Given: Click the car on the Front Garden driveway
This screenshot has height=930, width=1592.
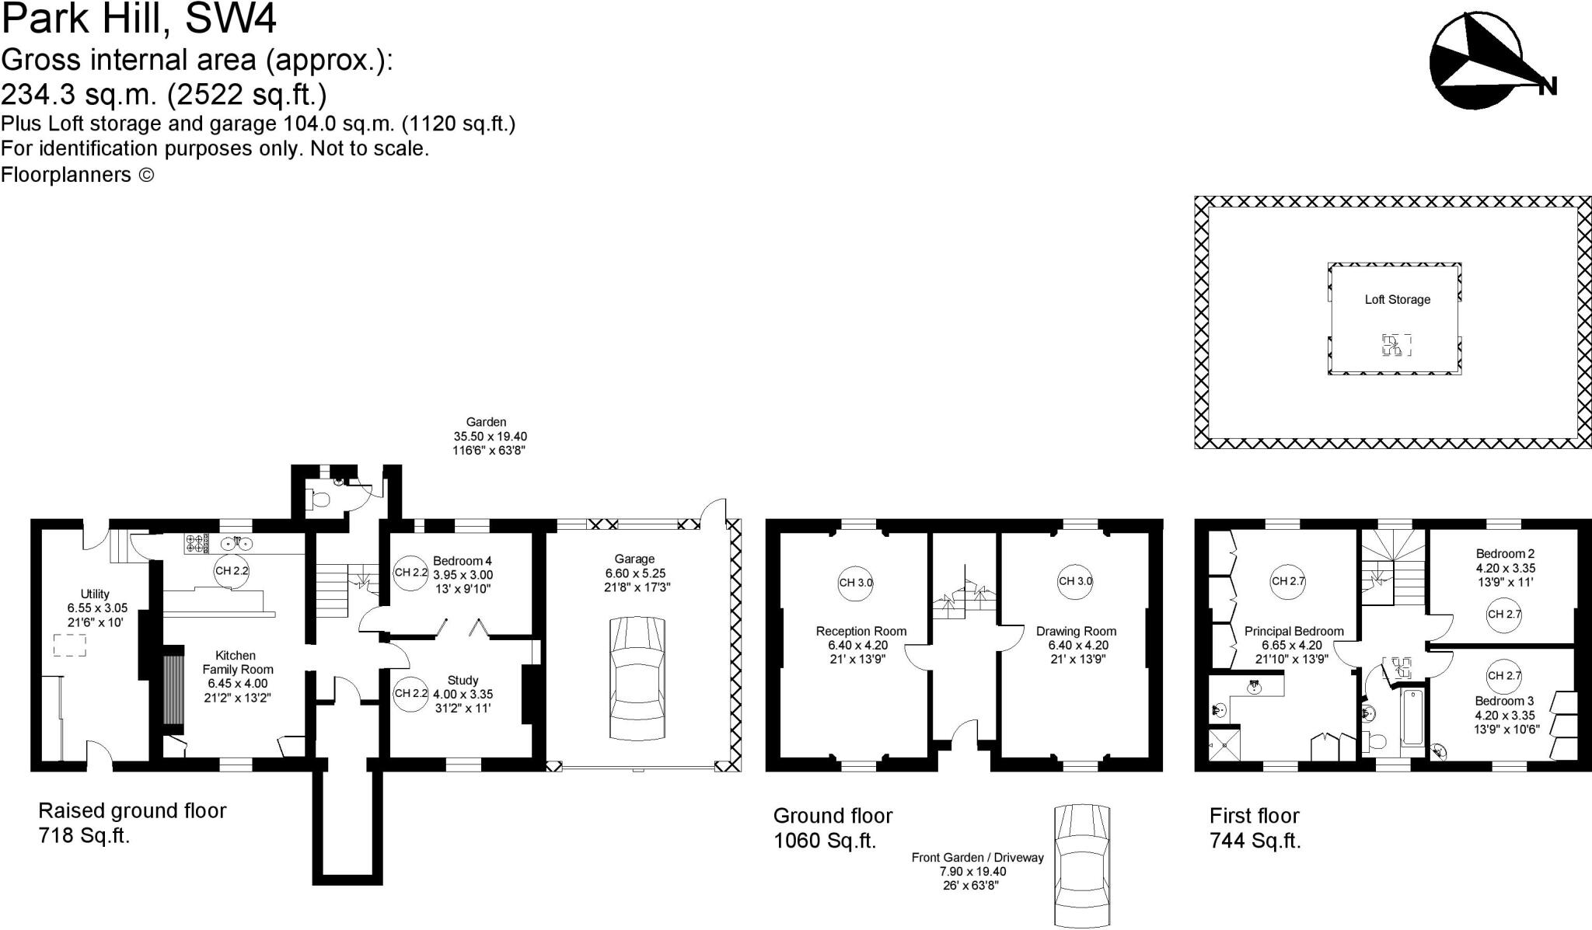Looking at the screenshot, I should click(1081, 864).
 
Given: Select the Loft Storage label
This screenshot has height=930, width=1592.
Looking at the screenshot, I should click(1397, 300).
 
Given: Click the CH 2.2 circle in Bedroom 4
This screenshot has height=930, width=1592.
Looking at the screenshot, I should click(410, 573).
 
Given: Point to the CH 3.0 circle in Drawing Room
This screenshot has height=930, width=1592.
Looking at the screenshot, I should click(1075, 581).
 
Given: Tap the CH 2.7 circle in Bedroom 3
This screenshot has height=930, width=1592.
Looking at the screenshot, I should click(1503, 676).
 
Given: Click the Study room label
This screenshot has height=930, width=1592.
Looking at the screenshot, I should click(463, 681).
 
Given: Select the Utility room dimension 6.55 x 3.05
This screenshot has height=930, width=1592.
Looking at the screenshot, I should click(97, 608).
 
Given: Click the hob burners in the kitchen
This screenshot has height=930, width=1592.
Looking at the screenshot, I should click(195, 543).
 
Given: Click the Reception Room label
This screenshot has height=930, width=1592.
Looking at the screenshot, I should click(861, 632).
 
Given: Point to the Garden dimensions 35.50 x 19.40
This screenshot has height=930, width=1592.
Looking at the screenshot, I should click(490, 437).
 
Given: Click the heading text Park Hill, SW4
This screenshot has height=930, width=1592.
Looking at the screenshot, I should click(139, 19).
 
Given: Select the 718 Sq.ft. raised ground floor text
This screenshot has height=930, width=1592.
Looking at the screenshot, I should click(84, 836).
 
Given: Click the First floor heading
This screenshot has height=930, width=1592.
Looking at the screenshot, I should click(1254, 816).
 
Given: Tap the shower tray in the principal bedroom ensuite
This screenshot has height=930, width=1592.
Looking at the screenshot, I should click(1224, 744).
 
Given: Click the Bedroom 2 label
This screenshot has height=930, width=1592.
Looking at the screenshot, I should click(1505, 554).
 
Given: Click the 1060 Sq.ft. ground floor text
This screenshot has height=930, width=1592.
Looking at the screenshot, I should click(824, 841).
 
